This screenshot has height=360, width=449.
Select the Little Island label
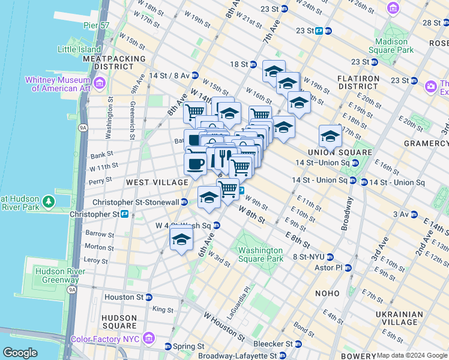[x=80, y=49]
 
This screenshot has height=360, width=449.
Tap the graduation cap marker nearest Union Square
[x=330, y=136]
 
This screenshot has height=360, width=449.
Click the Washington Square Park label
[x=260, y=254]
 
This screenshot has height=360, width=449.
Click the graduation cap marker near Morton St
[x=181, y=239]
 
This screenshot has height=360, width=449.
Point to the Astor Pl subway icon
[x=348, y=268]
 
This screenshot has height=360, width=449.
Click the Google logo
[x=20, y=353]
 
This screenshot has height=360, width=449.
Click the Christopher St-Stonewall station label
[x=135, y=202]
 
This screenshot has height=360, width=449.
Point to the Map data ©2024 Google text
[x=411, y=355]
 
